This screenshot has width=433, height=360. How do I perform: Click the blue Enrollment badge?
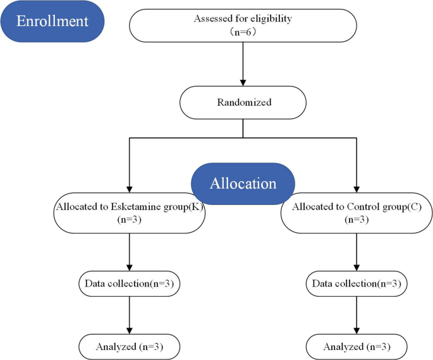click(52, 22)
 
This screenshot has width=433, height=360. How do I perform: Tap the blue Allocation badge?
click(243, 183)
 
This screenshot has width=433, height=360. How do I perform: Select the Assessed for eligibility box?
click(243, 25)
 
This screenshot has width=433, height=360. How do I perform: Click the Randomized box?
click(243, 102)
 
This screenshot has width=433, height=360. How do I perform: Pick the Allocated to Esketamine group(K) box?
click(130, 213)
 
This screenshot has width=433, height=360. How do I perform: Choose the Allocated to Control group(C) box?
click(357, 213)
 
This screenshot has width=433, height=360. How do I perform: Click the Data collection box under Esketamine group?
click(130, 284)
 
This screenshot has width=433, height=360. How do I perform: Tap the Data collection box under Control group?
click(357, 284)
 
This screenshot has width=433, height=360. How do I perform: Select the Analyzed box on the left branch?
click(130, 347)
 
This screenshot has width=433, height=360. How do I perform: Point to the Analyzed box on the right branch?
click(357, 347)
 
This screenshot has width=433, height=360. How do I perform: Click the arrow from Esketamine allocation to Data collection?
click(130, 252)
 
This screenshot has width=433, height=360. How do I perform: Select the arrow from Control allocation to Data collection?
click(357, 252)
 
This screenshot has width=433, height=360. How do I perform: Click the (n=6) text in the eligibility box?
click(243, 31)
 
